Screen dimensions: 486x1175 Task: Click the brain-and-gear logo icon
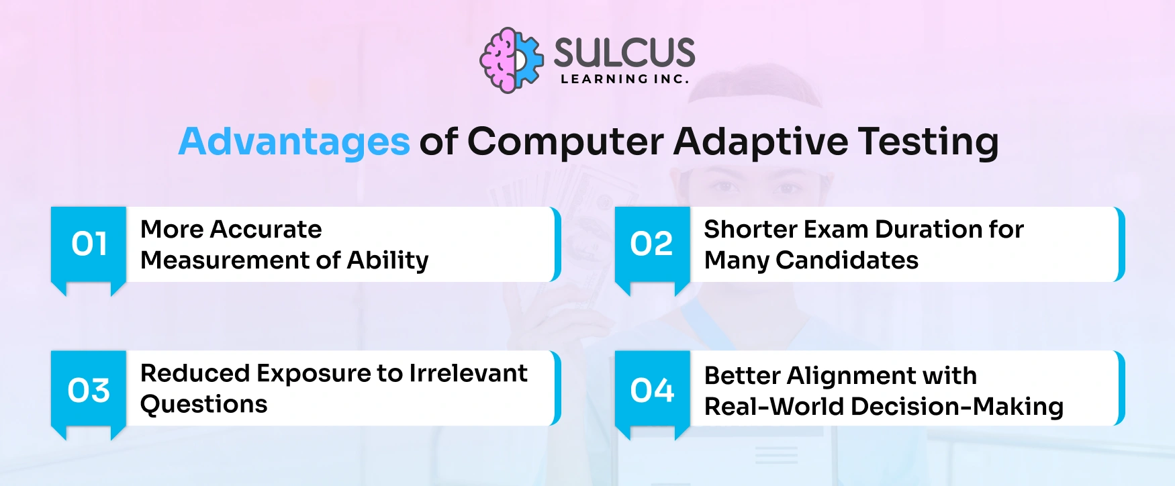click(511, 60)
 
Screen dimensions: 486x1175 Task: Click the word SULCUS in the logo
click(624, 52)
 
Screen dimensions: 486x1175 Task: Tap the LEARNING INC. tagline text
click(624, 79)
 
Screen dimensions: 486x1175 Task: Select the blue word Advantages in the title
click(294, 142)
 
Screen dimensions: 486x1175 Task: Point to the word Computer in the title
click(565, 142)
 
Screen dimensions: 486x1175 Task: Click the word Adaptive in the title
click(761, 142)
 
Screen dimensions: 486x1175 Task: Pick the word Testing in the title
click(928, 142)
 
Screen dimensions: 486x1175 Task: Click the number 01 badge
click(89, 244)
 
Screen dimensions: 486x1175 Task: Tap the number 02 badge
click(651, 244)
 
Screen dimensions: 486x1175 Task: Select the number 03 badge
click(89, 390)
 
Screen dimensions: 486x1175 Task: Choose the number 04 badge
click(652, 390)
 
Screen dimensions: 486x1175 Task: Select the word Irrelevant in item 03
click(468, 373)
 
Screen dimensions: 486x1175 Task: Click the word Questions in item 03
click(204, 404)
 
